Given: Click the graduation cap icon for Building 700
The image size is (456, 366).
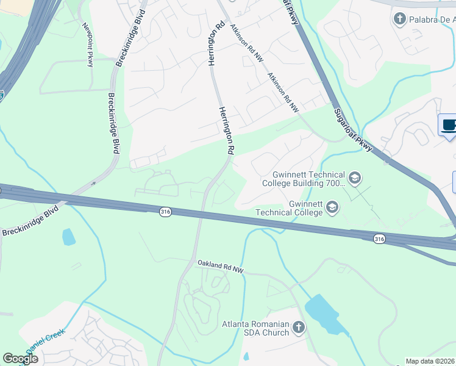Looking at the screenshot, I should (355, 179).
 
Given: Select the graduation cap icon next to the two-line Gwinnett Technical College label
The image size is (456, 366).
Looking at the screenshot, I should (332, 208).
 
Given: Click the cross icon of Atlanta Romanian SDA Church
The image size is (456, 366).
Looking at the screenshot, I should (298, 328).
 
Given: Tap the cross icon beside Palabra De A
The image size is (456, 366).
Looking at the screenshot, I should (400, 18).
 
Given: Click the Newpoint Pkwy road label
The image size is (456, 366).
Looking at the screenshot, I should (88, 45).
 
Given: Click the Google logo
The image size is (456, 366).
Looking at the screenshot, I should (20, 359).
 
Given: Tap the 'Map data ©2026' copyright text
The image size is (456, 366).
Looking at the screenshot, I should (430, 361).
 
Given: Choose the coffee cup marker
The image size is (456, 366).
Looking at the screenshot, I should (449, 126).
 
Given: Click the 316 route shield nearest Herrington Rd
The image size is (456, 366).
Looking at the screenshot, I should (165, 212).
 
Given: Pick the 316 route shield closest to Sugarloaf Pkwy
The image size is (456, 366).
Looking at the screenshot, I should (380, 238).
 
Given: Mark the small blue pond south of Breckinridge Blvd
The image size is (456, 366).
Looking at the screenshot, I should (68, 237).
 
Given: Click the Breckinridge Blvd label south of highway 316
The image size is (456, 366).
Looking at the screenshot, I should (29, 221).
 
